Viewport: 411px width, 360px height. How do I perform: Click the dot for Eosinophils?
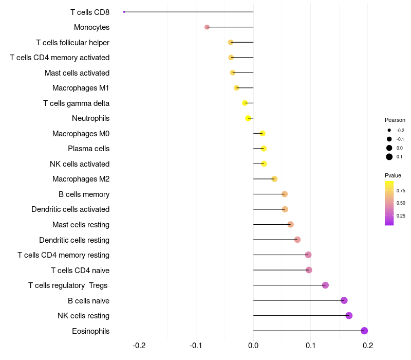(364, 331)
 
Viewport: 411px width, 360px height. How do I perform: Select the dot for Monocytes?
(207, 27)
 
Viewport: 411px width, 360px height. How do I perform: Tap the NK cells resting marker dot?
(349, 315)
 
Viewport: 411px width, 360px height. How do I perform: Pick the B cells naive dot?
(344, 300)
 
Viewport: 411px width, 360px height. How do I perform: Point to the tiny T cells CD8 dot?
(124, 12)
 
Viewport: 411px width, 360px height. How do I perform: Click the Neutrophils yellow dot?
(248, 118)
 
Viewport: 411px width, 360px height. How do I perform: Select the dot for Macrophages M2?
(274, 179)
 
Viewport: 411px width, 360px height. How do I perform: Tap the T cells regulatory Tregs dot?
(325, 285)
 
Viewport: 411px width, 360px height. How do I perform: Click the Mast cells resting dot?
(290, 224)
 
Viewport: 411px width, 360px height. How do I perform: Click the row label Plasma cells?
(88, 149)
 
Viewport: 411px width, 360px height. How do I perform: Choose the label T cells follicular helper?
(72, 42)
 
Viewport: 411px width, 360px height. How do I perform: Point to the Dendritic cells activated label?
(70, 209)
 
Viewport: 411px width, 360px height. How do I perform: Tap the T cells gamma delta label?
(76, 103)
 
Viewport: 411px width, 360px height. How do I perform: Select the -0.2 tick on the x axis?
(139, 345)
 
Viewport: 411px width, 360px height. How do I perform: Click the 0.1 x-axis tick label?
(310, 345)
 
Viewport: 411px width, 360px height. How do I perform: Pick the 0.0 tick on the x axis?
(253, 345)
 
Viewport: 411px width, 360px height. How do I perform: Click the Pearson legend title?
(395, 120)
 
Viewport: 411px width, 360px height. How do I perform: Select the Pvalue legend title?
(393, 175)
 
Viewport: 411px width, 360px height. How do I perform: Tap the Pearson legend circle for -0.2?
(389, 131)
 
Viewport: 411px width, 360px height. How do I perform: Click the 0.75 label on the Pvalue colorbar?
(401, 190)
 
